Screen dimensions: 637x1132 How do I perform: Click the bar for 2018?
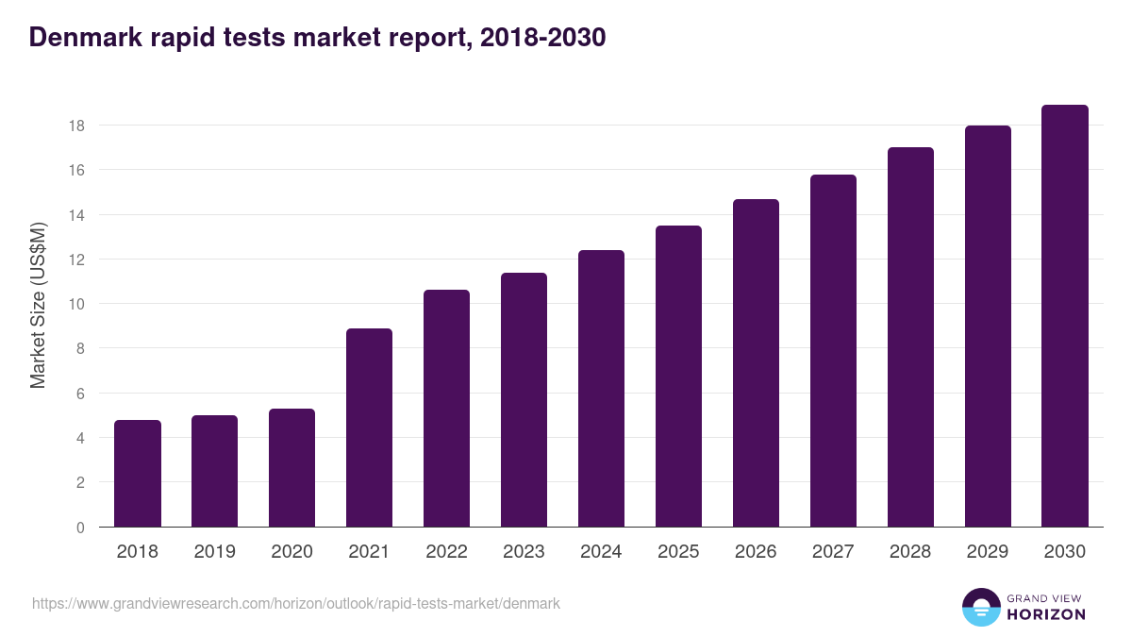click(138, 474)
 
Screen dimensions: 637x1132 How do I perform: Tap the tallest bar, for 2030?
click(1065, 316)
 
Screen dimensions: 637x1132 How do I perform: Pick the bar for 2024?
click(601, 389)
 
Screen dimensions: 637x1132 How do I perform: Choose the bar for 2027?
click(833, 351)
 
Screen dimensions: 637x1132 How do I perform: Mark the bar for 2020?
click(291, 468)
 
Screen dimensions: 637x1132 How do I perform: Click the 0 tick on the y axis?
click(81, 528)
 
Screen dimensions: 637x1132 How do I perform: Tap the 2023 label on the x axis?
click(524, 552)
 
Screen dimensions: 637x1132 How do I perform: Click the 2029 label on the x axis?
click(988, 552)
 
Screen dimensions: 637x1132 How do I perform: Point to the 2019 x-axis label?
click(214, 552)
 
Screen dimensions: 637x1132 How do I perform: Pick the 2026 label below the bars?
click(756, 552)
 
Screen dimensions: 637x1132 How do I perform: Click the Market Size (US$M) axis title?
click(38, 305)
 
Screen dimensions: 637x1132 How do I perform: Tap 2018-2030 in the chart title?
click(542, 38)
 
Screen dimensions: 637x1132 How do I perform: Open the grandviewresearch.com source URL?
click(296, 603)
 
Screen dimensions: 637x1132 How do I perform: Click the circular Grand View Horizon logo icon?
click(981, 607)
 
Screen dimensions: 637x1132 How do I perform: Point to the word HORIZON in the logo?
click(1046, 614)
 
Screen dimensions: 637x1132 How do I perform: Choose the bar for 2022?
click(446, 409)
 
